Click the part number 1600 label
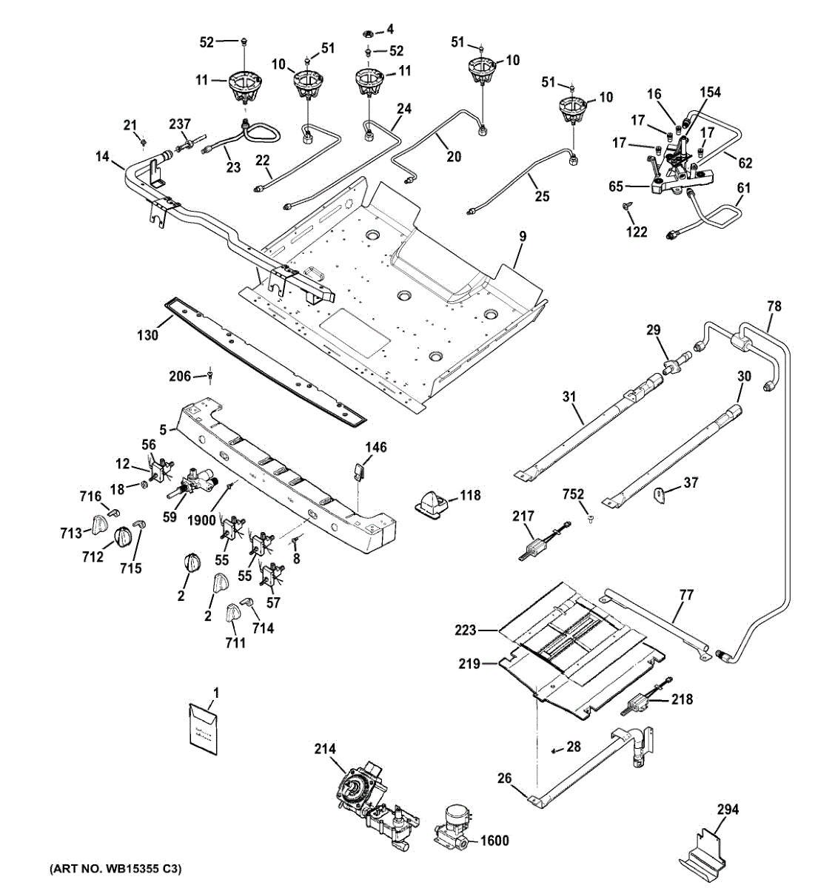click(495, 841)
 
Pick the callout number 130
click(148, 335)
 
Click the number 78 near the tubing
click(774, 306)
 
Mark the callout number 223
click(465, 630)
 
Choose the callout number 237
click(180, 123)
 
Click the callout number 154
click(710, 92)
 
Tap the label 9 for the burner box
click(523, 238)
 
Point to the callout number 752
click(573, 494)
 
